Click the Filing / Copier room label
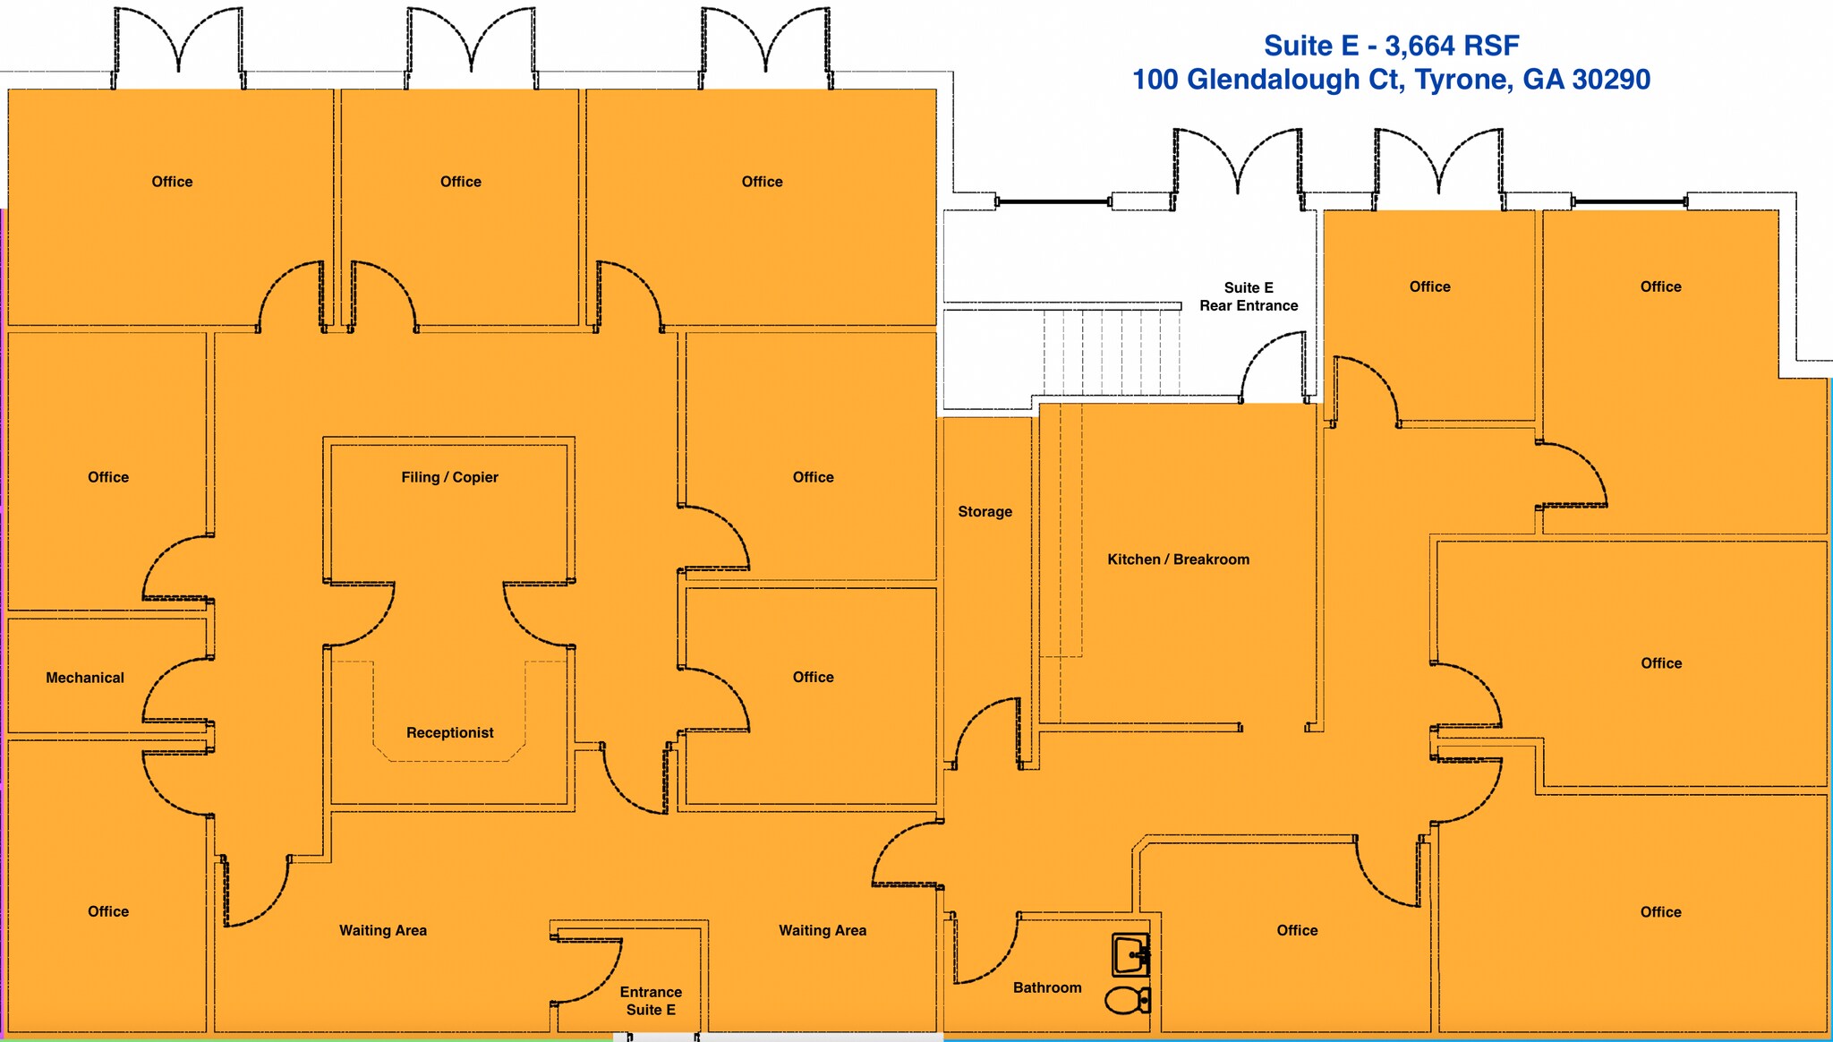[x=449, y=477]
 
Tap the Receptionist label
[x=449, y=732]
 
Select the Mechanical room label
[x=85, y=678]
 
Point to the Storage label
[x=985, y=511]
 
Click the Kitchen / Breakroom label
[x=1178, y=559]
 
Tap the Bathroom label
[x=1047, y=987]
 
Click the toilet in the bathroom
[x=1128, y=1000]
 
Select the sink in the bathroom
[x=1130, y=955]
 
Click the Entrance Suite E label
[x=651, y=1001]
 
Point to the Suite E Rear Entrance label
[x=1249, y=296]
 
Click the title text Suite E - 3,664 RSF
[x=1391, y=45]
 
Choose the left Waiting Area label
[x=383, y=930]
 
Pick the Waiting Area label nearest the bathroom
[x=823, y=930]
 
